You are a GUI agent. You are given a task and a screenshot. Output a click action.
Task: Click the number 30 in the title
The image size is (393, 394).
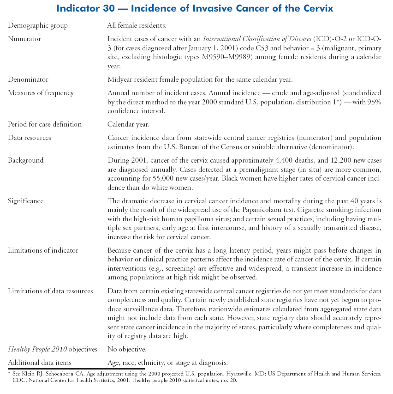pyautogui.click(x=104, y=8)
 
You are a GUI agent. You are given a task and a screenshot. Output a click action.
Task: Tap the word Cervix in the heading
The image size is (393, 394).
pyautogui.click(x=317, y=8)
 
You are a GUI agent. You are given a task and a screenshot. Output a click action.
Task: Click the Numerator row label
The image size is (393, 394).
pyautogui.click(x=24, y=39)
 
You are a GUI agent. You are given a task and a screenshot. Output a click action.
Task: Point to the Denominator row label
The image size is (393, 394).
pyautogui.click(x=28, y=79)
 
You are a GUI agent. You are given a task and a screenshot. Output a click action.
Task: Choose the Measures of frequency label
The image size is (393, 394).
pyautogui.click(x=41, y=93)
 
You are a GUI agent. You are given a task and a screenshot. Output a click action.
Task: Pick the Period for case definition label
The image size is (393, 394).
pyautogui.click(x=45, y=124)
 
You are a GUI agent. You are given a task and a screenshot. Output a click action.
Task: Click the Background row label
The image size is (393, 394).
pyautogui.click(x=26, y=160)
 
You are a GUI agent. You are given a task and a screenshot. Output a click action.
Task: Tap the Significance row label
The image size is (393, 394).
pyautogui.click(x=26, y=201)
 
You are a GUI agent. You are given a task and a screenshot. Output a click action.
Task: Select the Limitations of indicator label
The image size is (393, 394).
pyautogui.click(x=43, y=250)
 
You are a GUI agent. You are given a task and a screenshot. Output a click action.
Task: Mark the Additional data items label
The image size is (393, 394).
pyautogui.click(x=40, y=363)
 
